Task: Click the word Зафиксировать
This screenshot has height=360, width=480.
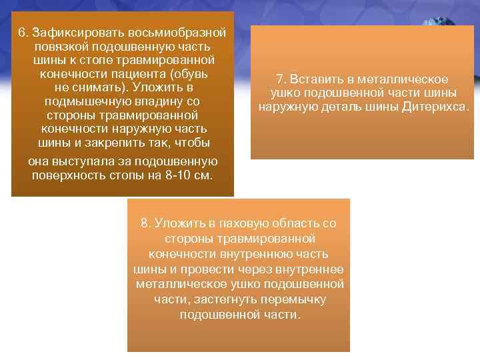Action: [x=70, y=32]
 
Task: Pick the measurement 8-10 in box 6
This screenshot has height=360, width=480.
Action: [x=177, y=175]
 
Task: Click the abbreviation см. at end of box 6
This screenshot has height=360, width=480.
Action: [x=203, y=175]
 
